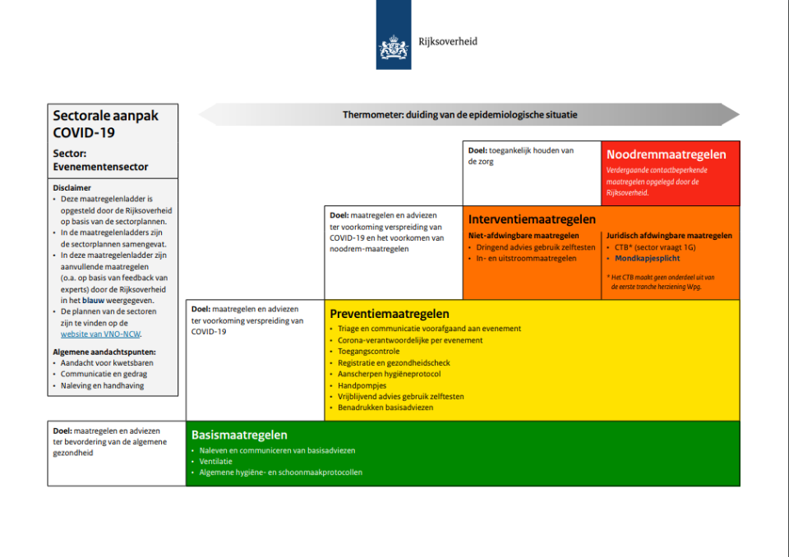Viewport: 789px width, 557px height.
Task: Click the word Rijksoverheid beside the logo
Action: pos(448,41)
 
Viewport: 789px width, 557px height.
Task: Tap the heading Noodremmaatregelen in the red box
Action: pos(666,154)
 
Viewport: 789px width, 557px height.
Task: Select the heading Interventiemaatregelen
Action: pos(532,219)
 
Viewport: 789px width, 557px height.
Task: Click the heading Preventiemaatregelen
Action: pos(389,314)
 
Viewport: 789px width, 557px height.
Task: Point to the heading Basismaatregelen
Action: pos(239,435)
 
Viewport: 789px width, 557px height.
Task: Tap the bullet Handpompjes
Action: pos(362,385)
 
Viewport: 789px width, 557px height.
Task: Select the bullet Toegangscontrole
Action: pos(368,352)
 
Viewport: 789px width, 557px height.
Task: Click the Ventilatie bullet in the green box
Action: pos(216,461)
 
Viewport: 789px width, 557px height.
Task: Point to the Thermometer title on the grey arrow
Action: pos(459,115)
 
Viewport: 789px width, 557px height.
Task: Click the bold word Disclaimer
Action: pos(72,187)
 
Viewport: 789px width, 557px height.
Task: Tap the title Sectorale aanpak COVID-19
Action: pos(105,123)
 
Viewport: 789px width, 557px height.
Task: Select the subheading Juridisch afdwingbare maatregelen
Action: pos(668,236)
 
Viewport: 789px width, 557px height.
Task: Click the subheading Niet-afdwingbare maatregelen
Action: pos(524,236)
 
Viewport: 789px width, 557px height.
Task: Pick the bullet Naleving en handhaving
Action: pos(102,385)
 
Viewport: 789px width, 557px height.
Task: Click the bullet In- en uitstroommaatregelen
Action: pos(526,258)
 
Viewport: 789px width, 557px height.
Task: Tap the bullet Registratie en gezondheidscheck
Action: pos(394,363)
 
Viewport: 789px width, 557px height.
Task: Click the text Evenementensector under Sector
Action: pos(100,167)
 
